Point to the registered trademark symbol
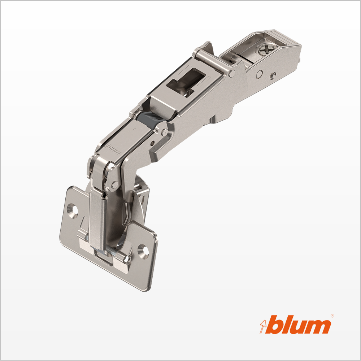[x=332, y=316]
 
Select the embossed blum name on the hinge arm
[x=113, y=149]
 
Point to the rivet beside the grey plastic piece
[x=165, y=132]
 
